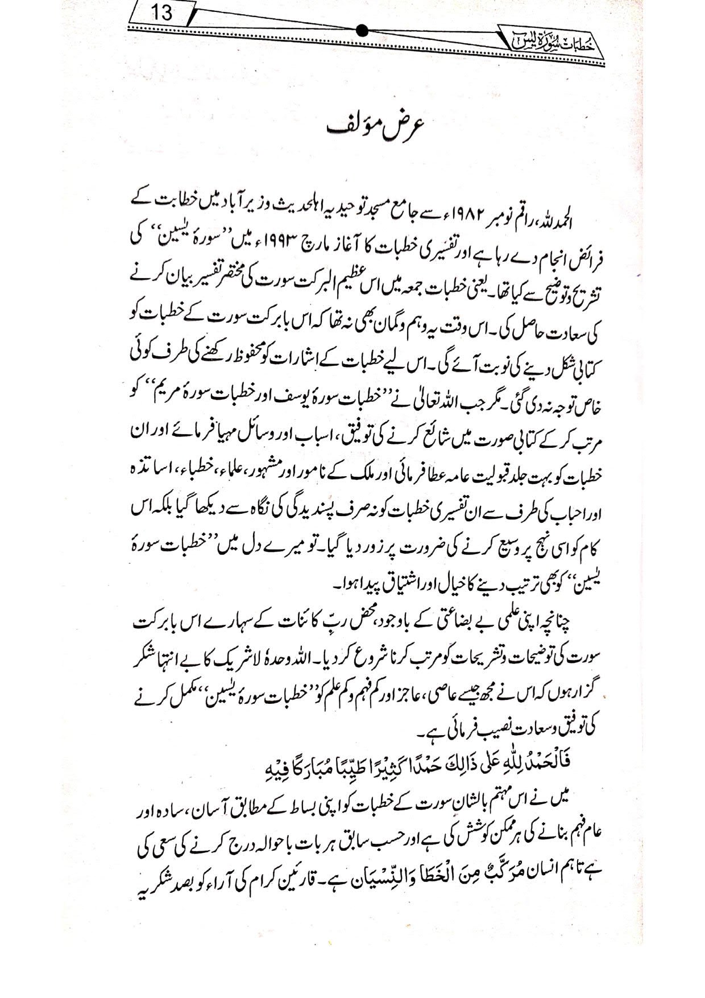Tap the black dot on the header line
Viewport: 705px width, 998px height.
coord(363,31)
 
